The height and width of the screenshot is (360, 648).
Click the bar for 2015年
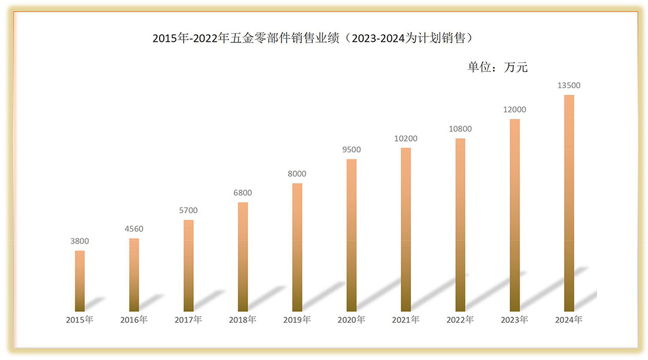80,281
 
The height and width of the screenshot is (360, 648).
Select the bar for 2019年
297,247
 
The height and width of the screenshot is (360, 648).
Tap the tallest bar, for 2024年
569,203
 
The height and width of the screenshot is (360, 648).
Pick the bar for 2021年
406,229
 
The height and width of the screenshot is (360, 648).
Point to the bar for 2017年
188,265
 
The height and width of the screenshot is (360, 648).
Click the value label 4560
134,229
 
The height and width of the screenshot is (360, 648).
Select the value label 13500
569,85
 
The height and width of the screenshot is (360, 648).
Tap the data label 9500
351,149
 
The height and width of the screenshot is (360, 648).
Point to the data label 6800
242,193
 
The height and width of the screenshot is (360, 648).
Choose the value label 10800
460,128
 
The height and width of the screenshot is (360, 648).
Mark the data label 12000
514,109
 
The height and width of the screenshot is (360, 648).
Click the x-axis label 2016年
134,320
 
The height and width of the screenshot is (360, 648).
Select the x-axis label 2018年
242,320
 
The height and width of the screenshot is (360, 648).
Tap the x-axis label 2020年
351,320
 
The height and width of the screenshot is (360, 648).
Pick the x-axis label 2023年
514,320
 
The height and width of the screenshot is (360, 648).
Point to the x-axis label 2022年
460,320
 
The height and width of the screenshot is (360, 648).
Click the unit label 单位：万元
497,67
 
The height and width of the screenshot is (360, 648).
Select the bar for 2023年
514,215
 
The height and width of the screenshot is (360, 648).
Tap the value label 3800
80,241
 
